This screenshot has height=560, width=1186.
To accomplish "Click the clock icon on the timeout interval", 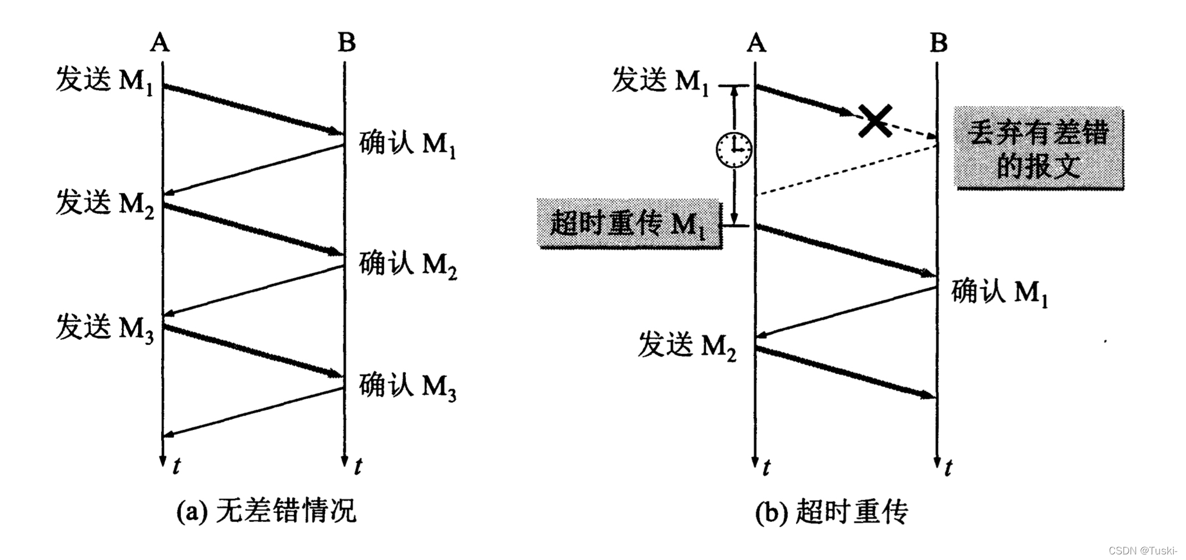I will (734, 150).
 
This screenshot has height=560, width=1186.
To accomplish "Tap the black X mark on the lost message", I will (875, 121).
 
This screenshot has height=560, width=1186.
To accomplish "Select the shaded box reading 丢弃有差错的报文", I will (1039, 148).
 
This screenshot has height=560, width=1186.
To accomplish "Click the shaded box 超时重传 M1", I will (629, 223).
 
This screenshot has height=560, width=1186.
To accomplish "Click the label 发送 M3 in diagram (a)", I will (104, 328).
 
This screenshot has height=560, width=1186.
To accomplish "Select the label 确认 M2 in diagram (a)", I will (408, 264).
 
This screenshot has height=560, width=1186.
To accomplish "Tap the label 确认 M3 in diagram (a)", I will (408, 386).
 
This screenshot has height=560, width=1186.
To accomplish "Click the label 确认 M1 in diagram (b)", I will (1000, 292).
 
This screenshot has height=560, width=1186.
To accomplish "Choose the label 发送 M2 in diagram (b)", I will (687, 345).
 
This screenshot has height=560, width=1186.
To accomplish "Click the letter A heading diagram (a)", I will (160, 42).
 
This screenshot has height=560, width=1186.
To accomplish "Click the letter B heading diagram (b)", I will (939, 42).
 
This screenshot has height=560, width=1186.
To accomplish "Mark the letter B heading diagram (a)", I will (347, 42).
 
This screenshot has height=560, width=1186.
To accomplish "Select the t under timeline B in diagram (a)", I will (358, 466).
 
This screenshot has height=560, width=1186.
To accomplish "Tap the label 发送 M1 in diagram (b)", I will (660, 80).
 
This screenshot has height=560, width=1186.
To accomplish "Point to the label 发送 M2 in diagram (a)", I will (104, 203).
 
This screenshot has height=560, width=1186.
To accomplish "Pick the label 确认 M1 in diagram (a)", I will (408, 144).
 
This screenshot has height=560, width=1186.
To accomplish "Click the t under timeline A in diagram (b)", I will (766, 466).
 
